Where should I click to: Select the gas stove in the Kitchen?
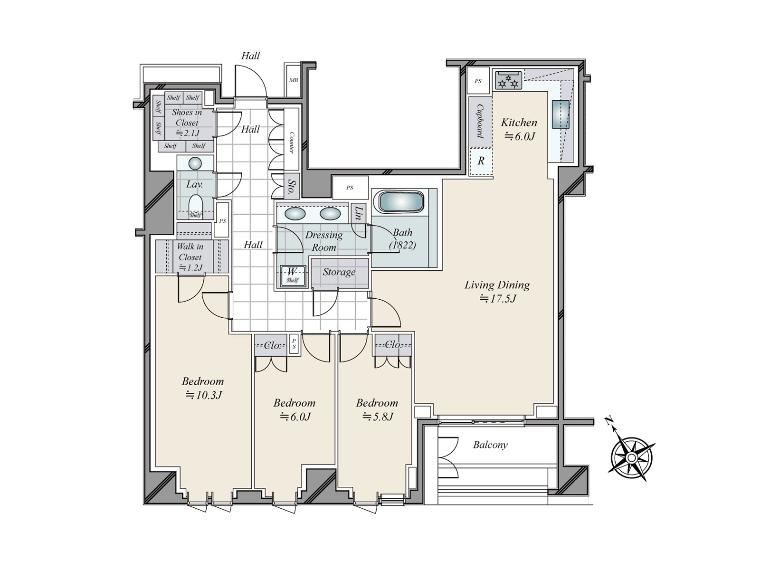click(508, 80)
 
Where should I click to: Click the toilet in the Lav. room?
click(195, 206)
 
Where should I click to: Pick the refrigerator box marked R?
click(481, 161)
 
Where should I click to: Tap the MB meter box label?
click(293, 80)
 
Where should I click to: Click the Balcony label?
click(490, 445)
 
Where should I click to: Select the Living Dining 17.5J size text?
click(497, 298)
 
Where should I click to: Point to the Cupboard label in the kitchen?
click(480, 121)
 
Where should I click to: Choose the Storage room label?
click(339, 272)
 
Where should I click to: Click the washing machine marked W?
click(292, 276)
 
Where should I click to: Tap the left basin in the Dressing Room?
click(294, 214)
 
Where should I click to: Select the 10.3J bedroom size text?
click(203, 395)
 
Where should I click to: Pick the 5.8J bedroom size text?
click(378, 417)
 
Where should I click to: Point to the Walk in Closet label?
click(190, 256)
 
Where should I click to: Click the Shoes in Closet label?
click(187, 123)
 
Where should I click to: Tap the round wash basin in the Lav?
click(195, 163)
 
